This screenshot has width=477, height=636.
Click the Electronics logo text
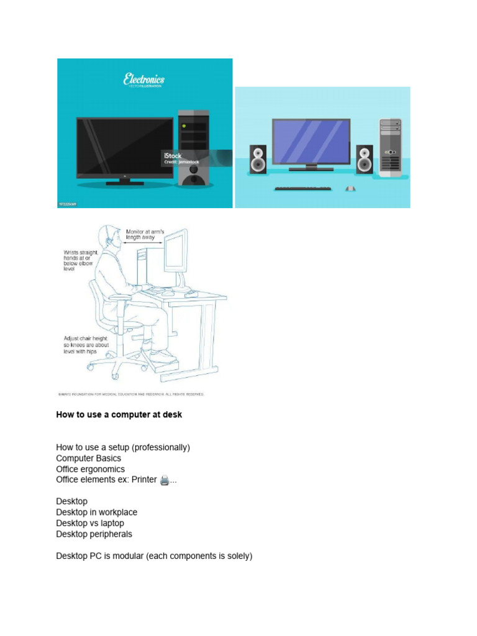pyautogui.click(x=143, y=79)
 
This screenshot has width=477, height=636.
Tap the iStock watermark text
pyautogui.click(x=173, y=155)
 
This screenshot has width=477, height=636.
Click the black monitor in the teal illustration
pyautogui.click(x=124, y=148)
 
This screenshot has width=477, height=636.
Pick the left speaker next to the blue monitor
pyautogui.click(x=258, y=160)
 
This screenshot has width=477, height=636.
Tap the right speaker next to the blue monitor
pyautogui.click(x=365, y=160)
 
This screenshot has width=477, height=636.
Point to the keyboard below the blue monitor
pyautogui.click(x=303, y=187)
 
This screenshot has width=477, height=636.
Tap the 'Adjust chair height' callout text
pyautogui.click(x=84, y=345)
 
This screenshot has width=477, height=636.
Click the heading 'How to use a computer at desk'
pyautogui.click(x=119, y=414)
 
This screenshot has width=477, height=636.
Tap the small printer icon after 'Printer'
pyautogui.click(x=164, y=480)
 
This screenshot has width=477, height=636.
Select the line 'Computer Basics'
pyautogui.click(x=89, y=458)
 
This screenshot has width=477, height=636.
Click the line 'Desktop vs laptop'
pyautogui.click(x=90, y=523)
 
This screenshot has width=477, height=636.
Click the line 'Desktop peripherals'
pyautogui.click(x=94, y=534)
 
